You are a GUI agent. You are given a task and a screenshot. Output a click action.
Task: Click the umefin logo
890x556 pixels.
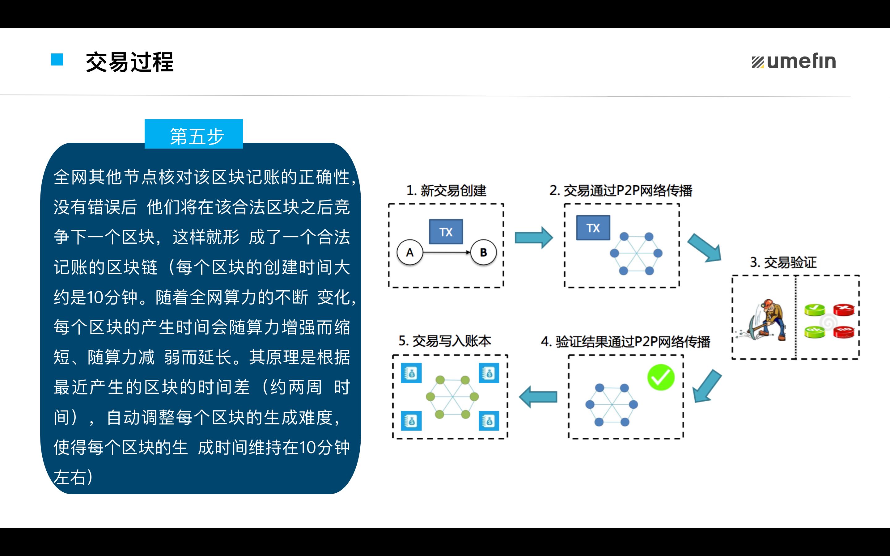pos(794,61)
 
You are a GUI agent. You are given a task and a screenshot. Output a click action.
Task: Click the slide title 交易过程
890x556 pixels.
pos(129,62)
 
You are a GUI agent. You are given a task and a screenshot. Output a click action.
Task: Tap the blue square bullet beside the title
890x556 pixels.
pos(57,60)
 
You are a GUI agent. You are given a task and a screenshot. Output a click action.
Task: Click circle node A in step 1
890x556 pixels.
pos(410,253)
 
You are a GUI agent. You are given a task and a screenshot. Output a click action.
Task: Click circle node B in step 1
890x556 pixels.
pos(483,253)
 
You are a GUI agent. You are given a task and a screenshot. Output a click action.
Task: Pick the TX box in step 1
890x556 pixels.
pos(446,232)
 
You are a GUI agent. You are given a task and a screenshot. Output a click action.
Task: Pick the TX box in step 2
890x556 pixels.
pos(593,228)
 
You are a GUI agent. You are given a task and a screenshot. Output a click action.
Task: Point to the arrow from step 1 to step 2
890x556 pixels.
pos(533,238)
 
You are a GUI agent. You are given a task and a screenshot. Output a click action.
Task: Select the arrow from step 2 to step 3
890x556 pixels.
pos(704,248)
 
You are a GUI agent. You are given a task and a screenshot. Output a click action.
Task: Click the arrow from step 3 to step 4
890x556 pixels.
pos(706,387)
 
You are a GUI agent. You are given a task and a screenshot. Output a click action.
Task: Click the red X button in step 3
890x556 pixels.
pos(844,310)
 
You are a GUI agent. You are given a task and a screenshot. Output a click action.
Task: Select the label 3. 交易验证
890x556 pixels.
pos(783,263)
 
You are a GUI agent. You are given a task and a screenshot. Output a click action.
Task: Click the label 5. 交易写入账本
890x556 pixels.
pos(445,341)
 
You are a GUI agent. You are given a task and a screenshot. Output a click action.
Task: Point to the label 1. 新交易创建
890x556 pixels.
pos(446,191)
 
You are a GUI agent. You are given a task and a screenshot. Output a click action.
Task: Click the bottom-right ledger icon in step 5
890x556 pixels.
pos(489,421)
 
